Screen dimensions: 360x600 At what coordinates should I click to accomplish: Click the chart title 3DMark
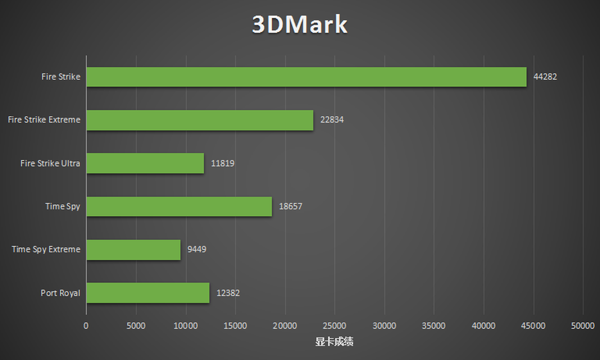[300, 25]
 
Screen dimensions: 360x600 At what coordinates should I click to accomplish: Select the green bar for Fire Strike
[306, 77]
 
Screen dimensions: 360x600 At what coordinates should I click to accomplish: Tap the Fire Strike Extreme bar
[199, 120]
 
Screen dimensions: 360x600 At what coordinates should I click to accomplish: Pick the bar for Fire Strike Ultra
[145, 163]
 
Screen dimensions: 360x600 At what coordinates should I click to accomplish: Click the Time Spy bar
[179, 206]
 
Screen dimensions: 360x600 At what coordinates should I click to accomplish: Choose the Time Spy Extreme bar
[133, 249]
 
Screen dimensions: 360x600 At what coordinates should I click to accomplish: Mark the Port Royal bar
[147, 293]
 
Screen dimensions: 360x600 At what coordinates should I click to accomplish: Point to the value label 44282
[545, 77]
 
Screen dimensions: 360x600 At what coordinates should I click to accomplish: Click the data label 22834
[331, 120]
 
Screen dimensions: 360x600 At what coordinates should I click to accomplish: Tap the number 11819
[222, 163]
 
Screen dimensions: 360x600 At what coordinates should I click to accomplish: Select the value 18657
[290, 206]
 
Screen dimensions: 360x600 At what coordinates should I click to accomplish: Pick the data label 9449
[197, 249]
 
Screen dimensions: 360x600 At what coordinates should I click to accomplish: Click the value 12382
[227, 293]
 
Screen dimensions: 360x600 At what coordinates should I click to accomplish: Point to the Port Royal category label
[61, 293]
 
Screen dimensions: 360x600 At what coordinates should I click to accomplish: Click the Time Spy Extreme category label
[46, 249]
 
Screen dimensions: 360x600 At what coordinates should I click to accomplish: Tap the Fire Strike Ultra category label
[51, 163]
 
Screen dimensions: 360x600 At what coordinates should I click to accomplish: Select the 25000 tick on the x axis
[334, 326]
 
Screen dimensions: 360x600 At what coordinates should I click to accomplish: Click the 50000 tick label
[582, 326]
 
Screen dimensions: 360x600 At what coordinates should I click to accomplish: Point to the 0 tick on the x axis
[86, 326]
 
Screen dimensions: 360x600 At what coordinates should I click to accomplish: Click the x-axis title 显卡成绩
[334, 342]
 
